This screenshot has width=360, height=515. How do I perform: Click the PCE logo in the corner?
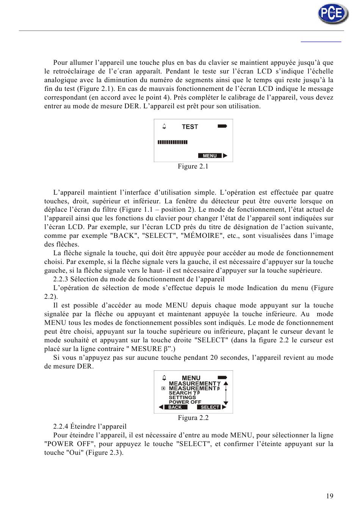(333, 14)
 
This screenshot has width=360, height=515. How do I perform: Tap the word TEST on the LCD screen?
(190, 127)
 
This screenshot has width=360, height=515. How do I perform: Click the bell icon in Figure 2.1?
(164, 126)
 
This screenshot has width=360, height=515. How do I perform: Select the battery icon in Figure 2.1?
(222, 126)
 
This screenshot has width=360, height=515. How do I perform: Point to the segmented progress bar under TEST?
(172, 142)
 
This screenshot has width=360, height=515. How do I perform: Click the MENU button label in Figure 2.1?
(210, 156)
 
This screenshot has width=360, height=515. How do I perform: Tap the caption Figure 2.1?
(193, 167)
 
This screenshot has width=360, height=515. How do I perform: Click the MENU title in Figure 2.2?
(191, 378)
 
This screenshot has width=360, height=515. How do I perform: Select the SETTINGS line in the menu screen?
(182, 398)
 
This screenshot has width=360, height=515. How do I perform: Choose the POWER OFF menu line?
(185, 402)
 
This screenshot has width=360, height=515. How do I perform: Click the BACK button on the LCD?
(175, 407)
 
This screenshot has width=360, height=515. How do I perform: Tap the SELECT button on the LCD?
(210, 407)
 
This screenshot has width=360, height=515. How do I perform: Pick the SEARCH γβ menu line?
(184, 393)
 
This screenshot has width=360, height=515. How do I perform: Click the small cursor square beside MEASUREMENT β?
(163, 389)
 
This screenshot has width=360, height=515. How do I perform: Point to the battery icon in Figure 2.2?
(222, 378)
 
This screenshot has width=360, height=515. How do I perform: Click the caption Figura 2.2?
(193, 418)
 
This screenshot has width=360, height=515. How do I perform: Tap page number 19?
(330, 496)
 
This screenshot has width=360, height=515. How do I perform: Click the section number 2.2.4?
(61, 427)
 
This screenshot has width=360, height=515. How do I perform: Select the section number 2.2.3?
(61, 279)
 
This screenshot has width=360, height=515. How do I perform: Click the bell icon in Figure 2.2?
(164, 378)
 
